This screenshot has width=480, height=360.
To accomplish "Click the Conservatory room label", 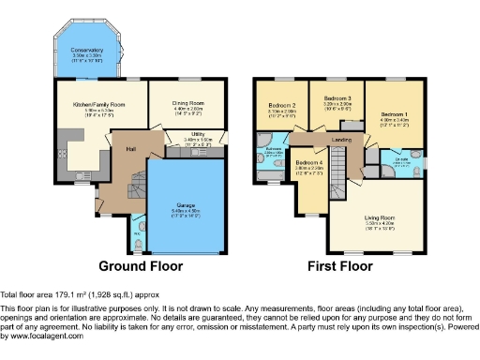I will click(89, 51).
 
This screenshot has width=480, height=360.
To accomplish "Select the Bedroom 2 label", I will click(282, 104).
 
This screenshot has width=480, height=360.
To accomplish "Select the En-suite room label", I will click(401, 159).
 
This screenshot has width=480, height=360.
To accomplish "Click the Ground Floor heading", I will click(141, 265).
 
